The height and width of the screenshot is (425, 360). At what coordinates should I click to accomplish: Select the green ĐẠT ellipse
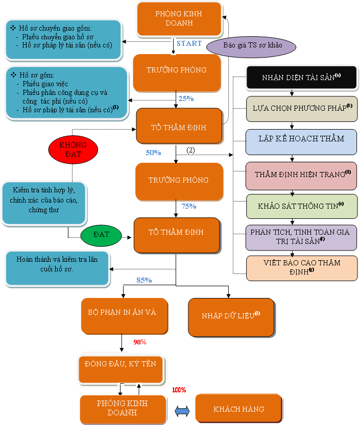pyautogui.click(x=102, y=235)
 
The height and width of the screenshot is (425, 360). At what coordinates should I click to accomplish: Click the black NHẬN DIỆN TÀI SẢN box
pyautogui.click(x=301, y=78)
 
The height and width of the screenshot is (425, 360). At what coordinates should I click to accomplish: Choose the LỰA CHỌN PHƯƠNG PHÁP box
pyautogui.click(x=301, y=108)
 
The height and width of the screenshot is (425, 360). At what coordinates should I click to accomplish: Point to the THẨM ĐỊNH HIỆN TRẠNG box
pyautogui.click(x=301, y=174)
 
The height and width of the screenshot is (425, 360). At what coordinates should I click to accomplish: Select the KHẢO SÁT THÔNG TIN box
pyautogui.click(x=301, y=207)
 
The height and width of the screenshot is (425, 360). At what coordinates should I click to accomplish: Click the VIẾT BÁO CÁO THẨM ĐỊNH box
pyautogui.click(x=301, y=267)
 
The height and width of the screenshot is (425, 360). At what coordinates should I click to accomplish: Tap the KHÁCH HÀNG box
pyautogui.click(x=238, y=409)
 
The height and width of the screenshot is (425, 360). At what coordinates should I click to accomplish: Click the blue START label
pyautogui.click(x=189, y=43)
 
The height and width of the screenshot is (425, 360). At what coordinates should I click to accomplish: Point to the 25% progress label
pyautogui.click(x=185, y=98)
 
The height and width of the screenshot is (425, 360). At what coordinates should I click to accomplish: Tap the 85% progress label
pyautogui.click(x=144, y=280)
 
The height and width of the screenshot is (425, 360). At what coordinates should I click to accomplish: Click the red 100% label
pyautogui.click(x=179, y=390)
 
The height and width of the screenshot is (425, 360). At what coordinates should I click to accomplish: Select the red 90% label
pyautogui.click(x=140, y=342)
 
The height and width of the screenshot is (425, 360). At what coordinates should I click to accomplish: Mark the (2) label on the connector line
pyautogui.click(x=190, y=150)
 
